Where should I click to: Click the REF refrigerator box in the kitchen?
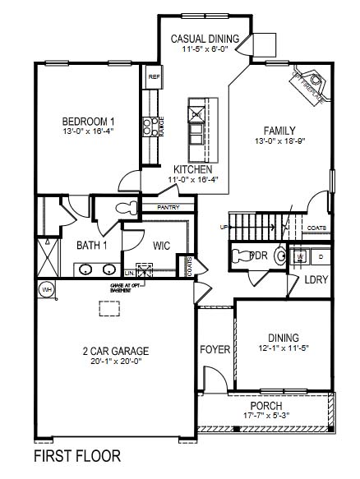[153, 77]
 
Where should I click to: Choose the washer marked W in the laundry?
[302, 257]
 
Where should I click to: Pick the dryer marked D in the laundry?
[321, 257]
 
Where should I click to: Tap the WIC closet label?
[161, 244]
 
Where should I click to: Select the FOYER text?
[215, 350]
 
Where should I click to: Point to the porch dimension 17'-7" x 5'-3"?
[266, 417]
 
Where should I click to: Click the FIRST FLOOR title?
[77, 455]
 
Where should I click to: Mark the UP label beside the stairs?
[222, 227]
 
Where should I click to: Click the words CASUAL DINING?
[205, 39]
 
